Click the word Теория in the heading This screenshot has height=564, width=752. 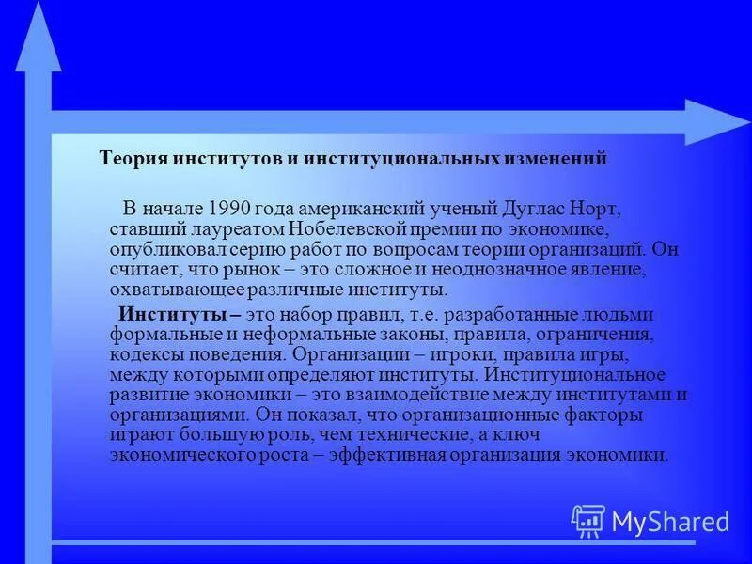click(x=131, y=159)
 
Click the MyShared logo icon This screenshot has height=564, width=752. click(x=588, y=520)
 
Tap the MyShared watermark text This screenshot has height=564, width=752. click(x=670, y=522)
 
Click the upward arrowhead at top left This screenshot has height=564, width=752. click(x=39, y=38)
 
